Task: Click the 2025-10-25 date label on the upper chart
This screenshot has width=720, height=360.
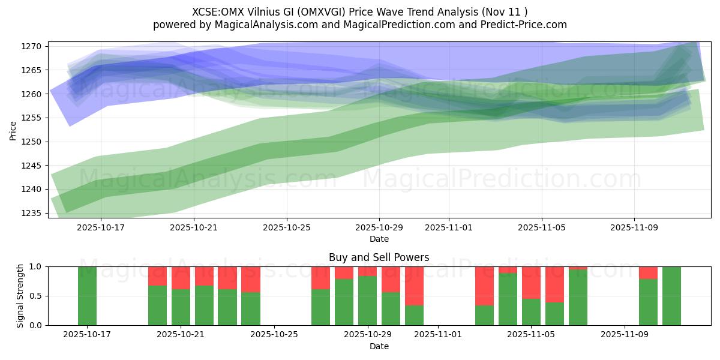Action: coord(286,228)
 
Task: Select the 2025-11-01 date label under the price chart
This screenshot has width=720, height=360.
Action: coord(449,228)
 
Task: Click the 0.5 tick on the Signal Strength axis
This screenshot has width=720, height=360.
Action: coord(35,296)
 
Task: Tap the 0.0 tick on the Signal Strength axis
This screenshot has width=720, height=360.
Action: coord(35,325)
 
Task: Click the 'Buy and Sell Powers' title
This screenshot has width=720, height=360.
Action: coord(379,257)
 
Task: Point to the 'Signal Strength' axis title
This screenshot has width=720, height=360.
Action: coord(20,296)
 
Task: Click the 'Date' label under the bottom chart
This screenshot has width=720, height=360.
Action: coord(379,346)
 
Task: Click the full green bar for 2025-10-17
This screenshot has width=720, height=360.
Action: coord(87,296)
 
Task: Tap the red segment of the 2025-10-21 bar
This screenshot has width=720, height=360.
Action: coord(181,278)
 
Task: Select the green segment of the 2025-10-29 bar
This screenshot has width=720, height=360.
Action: coord(367,301)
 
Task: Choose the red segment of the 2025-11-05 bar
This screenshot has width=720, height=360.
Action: coord(531,283)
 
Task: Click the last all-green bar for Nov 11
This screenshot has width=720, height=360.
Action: coord(671,296)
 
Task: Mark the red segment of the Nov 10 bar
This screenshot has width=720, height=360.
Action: coord(648,272)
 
